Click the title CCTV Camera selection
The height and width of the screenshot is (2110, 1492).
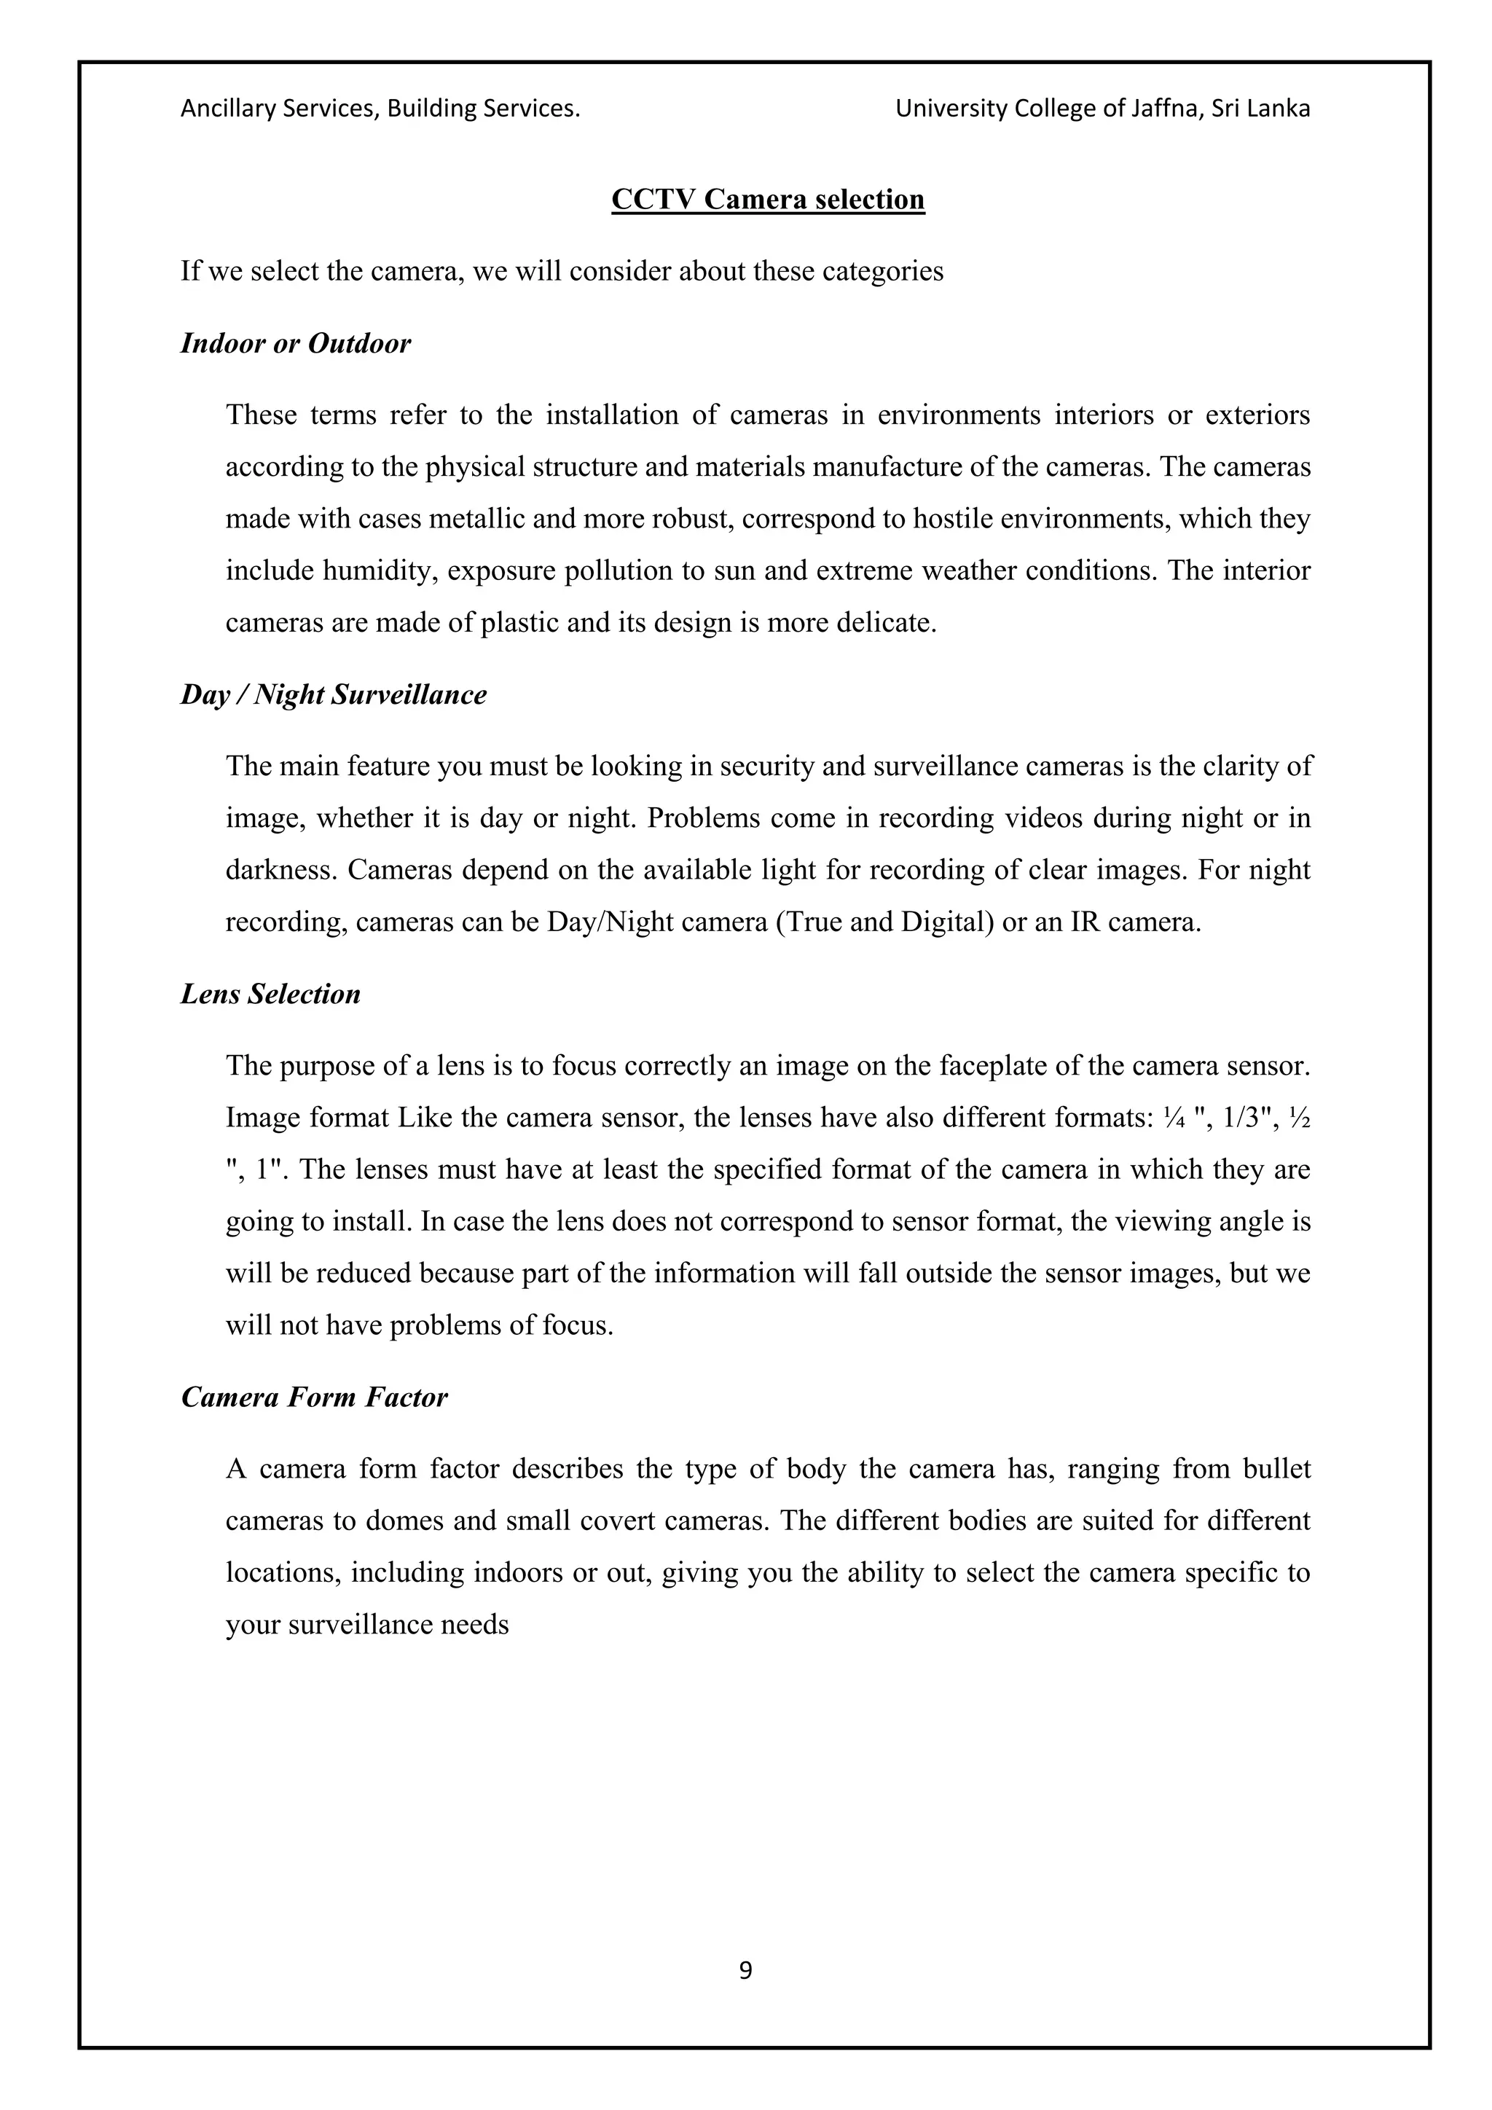[x=768, y=200]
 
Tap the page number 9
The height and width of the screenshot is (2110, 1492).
[x=745, y=1969]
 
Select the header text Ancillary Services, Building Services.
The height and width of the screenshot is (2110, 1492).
[x=380, y=109]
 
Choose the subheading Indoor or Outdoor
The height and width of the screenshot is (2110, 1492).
[x=295, y=344]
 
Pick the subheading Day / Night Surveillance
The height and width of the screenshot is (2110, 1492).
[x=334, y=695]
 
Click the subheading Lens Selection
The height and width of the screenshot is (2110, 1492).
[x=270, y=995]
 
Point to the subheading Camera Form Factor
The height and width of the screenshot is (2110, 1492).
[x=313, y=1397]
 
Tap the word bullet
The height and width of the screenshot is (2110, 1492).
[x=1277, y=1470]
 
